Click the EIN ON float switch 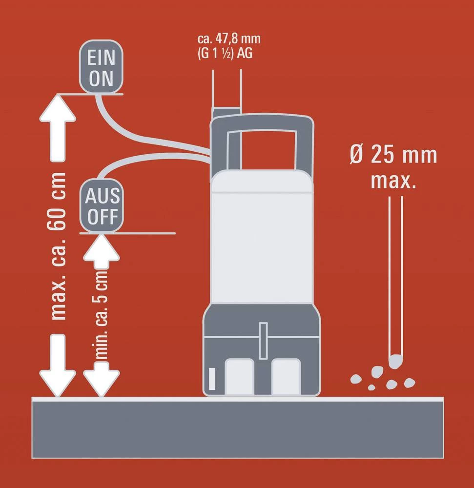[x=101, y=66]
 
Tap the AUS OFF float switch [x=102, y=205]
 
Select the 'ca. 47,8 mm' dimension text [x=229, y=39]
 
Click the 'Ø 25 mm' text [x=393, y=154]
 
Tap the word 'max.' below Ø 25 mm [x=393, y=180]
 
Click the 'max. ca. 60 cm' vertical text [x=57, y=246]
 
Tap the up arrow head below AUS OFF [x=101, y=247]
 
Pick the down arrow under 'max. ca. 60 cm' [x=58, y=366]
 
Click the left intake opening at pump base [x=239, y=377]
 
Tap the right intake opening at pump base [x=286, y=377]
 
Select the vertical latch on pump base [x=263, y=341]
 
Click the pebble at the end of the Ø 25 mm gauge [x=395, y=362]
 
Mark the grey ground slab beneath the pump [x=238, y=427]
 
